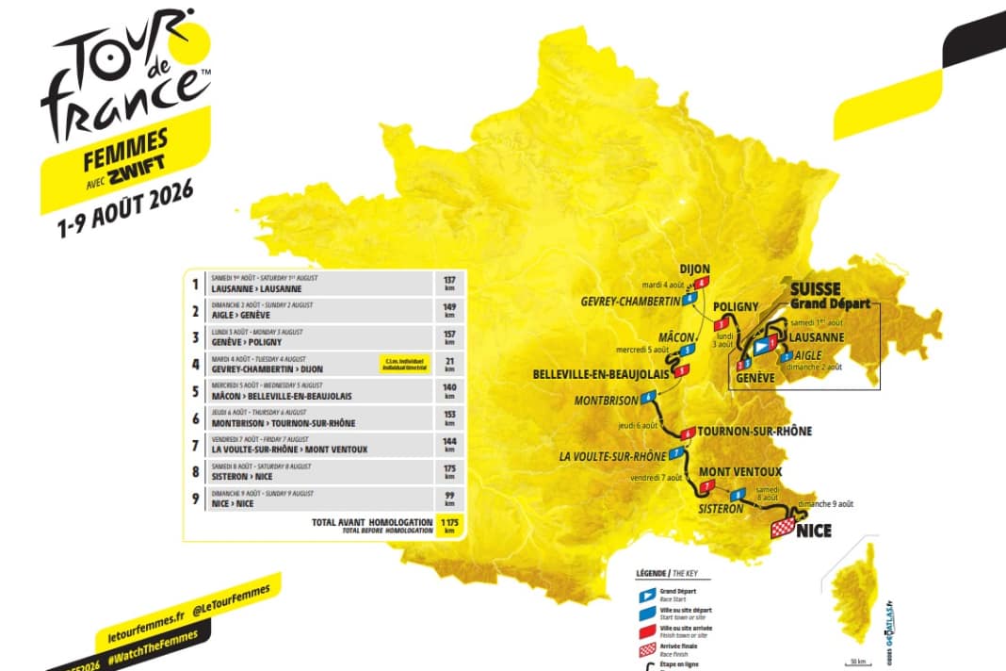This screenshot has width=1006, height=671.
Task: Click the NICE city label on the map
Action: coord(814,532)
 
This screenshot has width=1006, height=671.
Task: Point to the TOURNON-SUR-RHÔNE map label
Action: coord(755,432)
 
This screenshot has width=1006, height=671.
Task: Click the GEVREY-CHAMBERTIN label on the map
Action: coord(629,301)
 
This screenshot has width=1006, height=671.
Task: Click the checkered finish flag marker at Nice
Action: coord(782,528)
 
